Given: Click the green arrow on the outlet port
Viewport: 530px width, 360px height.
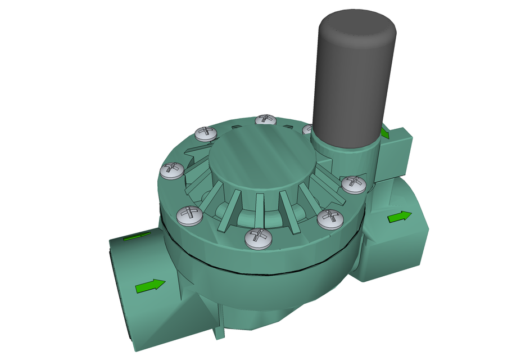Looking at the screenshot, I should coord(400,217).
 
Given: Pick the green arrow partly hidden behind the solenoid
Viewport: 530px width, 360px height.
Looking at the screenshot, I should coord(385,133).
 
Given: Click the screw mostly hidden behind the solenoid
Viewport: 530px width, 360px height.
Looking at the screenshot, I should coord(307,129).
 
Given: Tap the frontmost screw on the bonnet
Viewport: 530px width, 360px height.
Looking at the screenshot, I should coord(258,239).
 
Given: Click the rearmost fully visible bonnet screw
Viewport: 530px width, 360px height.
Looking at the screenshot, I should coord(266,120).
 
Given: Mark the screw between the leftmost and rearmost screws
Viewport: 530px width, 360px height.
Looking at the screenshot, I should coord(205,133).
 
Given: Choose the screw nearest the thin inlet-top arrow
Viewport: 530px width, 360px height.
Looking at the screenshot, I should coord(189,214).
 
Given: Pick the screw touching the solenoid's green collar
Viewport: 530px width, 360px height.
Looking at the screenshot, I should coord(354,183).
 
